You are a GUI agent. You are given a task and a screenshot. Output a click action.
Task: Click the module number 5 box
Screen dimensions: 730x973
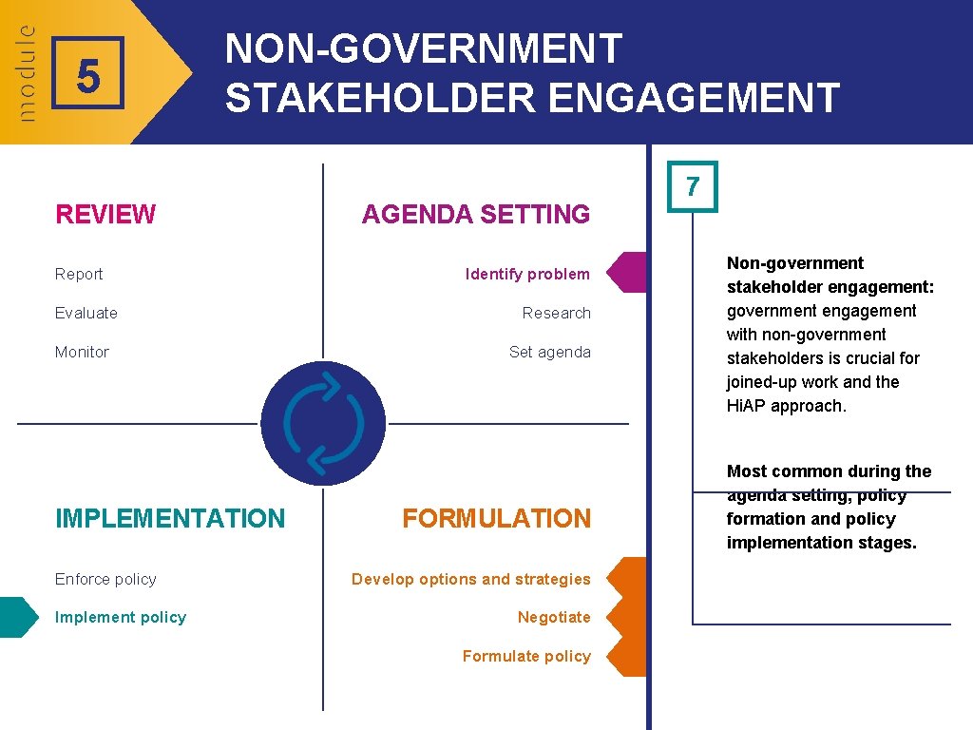tap(87, 73)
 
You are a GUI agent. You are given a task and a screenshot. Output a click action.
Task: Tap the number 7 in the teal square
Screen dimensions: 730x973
tap(693, 186)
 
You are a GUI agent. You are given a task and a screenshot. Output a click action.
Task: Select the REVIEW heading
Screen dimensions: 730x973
tap(105, 215)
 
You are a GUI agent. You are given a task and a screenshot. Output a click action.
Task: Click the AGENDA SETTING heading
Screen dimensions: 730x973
tap(475, 215)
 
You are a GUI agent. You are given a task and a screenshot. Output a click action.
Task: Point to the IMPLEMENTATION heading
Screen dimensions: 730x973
tap(170, 518)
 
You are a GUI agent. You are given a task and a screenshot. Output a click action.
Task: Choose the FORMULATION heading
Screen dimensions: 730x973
tap(496, 518)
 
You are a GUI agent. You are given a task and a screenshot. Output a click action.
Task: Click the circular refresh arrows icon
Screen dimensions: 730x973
tap(323, 423)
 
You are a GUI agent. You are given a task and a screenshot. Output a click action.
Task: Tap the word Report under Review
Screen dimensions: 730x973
tap(79, 274)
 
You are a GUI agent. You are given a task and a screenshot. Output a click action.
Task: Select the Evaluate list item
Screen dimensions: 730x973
tap(86, 313)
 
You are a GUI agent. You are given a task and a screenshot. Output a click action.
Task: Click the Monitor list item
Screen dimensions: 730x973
tap(82, 352)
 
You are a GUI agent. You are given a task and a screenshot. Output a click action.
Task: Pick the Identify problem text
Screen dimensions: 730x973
tap(527, 274)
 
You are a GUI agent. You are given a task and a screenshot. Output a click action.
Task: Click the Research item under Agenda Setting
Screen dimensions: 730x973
tap(556, 313)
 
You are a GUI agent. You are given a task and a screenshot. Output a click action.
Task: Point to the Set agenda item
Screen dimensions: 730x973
tap(549, 352)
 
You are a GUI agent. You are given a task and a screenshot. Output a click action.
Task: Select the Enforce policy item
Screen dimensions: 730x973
tap(105, 579)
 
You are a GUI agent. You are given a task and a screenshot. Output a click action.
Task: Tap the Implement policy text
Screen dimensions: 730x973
tap(121, 617)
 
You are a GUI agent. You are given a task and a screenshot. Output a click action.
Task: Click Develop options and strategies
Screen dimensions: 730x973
tap(470, 579)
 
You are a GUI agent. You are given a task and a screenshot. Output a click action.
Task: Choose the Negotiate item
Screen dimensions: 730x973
tap(554, 617)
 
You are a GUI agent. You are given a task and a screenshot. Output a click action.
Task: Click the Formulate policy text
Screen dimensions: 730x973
tap(526, 656)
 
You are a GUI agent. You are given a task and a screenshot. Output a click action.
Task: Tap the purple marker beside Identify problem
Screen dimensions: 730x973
tap(628, 272)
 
